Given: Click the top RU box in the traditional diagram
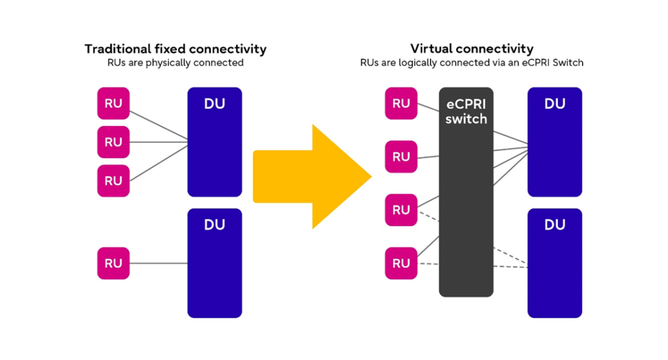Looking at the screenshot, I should (x=114, y=104).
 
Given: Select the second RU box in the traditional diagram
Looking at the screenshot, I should (x=114, y=142).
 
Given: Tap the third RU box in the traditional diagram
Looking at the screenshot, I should (x=114, y=181).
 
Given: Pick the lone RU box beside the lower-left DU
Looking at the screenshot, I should (x=114, y=263).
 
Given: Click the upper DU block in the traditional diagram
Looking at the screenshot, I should (x=215, y=142).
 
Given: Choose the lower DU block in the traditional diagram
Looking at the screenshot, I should (x=215, y=263).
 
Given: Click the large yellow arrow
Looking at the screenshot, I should (x=311, y=176).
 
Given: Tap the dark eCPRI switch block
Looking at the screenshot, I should (x=466, y=192).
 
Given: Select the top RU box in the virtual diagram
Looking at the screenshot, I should (x=401, y=104).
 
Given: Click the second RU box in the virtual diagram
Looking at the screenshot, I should (x=401, y=157).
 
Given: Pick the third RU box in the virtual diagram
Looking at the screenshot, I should (x=401, y=210).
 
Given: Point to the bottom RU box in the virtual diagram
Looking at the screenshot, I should (x=401, y=263).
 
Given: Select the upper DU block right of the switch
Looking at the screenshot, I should (x=554, y=142).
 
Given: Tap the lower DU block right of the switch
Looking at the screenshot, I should (x=554, y=263).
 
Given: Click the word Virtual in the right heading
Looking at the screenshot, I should (x=431, y=49).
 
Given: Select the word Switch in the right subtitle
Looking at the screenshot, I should (x=568, y=63).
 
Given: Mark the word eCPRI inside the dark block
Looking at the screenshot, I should (x=466, y=104).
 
